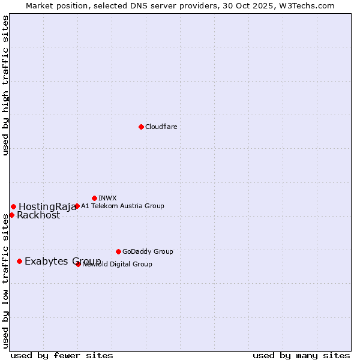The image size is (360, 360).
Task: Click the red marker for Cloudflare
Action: [141, 127]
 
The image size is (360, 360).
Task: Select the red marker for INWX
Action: [94, 198]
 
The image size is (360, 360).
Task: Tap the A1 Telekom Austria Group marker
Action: [77, 206]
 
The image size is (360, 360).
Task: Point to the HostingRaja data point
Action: [13, 207]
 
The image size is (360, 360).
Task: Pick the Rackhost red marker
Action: [11, 215]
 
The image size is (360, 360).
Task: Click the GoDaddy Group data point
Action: [118, 251]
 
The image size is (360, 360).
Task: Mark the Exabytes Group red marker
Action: [20, 261]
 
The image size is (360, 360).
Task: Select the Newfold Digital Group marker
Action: [78, 264]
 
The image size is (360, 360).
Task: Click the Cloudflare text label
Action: [161, 127]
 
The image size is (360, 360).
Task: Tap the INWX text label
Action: [107, 198]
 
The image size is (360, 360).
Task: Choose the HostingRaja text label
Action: [47, 207]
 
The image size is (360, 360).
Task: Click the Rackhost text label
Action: [38, 215]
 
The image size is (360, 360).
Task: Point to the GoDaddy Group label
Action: [148, 251]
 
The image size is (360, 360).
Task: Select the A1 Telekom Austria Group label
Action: [122, 206]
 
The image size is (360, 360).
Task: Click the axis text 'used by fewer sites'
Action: [62, 355]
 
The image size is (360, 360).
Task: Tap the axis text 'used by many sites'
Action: [301, 355]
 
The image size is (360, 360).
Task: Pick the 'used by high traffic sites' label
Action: [6, 85]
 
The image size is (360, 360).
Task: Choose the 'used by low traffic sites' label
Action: [6, 280]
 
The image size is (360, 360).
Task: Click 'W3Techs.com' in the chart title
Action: [310, 5]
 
